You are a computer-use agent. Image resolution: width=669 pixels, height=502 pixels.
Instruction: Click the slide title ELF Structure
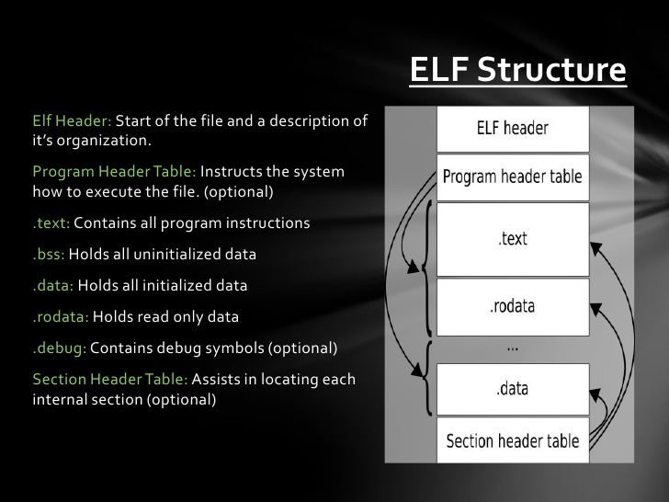516,70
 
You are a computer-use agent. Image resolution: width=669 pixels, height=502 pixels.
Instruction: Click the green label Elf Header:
72,122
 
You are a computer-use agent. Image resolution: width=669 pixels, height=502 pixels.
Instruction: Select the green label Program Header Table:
114,173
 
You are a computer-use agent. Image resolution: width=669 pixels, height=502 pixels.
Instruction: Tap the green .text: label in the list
51,224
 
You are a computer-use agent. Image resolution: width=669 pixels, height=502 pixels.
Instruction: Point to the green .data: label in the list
52,286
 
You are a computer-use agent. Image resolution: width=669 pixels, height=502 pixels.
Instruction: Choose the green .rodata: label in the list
61,317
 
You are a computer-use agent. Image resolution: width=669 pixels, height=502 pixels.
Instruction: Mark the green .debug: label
60,349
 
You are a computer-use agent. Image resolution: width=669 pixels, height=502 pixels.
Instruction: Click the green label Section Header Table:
109,381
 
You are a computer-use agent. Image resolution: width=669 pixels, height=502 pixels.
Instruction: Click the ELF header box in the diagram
512,129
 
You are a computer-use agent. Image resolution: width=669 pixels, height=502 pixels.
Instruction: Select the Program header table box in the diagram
512,176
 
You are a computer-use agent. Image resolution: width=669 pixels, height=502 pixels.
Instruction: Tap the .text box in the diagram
512,238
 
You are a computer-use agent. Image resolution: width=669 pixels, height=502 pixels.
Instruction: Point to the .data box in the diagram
512,388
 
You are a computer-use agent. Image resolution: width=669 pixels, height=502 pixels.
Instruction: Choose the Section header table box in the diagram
512,440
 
